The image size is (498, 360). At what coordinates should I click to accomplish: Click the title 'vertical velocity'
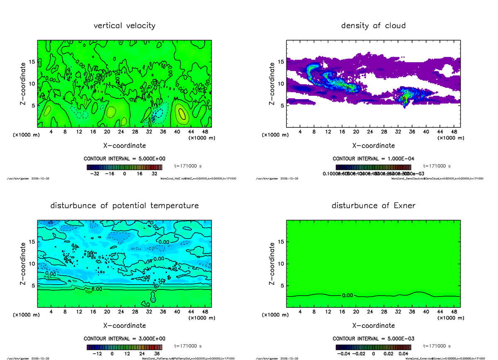click(124, 26)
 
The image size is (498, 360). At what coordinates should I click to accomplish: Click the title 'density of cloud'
click(373, 26)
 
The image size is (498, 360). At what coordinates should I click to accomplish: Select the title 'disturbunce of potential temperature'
click(124, 206)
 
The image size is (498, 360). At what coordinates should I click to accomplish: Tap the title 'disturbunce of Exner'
click(373, 206)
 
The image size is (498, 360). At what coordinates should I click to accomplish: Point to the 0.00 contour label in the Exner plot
click(348, 296)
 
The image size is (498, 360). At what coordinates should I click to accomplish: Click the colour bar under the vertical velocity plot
click(124, 167)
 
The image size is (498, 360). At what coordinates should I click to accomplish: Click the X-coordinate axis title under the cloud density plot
click(373, 146)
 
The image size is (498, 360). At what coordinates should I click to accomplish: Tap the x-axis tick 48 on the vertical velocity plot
click(205, 132)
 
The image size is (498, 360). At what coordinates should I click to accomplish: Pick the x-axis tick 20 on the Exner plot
click(356, 312)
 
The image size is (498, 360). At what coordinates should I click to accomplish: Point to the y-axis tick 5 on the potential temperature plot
click(33, 285)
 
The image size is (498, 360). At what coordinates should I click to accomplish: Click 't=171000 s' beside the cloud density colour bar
click(437, 166)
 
